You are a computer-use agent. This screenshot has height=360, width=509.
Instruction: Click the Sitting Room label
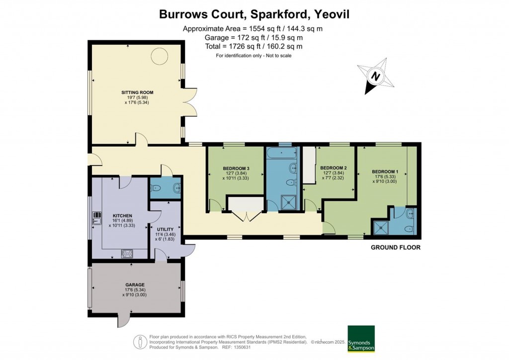(x=137, y=92)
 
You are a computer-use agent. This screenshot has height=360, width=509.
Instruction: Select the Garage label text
(x=135, y=285)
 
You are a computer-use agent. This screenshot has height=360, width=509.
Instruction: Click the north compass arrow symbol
(x=376, y=77)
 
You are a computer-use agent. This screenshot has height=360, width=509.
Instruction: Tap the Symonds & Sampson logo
(x=360, y=339)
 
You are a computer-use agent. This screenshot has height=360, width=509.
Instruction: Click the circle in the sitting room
(x=160, y=56)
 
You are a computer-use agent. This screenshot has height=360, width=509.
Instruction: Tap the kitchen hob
(x=127, y=253)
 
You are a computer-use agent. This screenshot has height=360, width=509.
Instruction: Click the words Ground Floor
(x=396, y=247)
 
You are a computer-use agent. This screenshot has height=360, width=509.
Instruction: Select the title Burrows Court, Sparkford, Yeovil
(x=254, y=14)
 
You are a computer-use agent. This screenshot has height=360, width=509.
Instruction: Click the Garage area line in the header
(x=254, y=37)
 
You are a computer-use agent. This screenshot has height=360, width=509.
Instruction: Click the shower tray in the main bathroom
(x=287, y=201)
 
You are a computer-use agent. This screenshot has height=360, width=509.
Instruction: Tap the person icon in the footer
(x=140, y=342)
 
